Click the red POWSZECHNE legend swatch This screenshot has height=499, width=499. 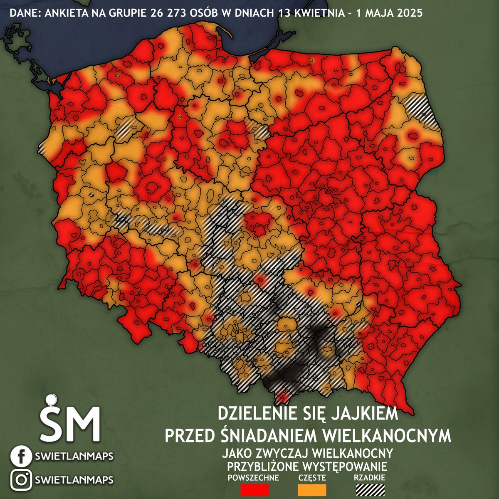(255, 490)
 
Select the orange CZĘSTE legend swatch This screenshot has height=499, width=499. (312, 490)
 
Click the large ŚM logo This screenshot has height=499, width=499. (70, 420)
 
